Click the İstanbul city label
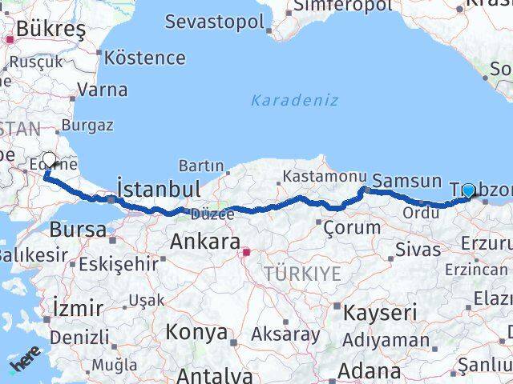point(158,189)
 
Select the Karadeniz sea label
point(294,101)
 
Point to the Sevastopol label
point(214,21)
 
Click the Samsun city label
point(407,182)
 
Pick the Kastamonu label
point(313,176)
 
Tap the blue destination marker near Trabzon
point(468,190)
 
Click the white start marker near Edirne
point(50,160)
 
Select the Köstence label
point(145,58)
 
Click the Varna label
point(103,90)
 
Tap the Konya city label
point(196,332)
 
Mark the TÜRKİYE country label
point(305,274)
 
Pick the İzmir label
point(77,307)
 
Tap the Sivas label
point(418,250)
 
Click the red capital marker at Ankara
point(247,254)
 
